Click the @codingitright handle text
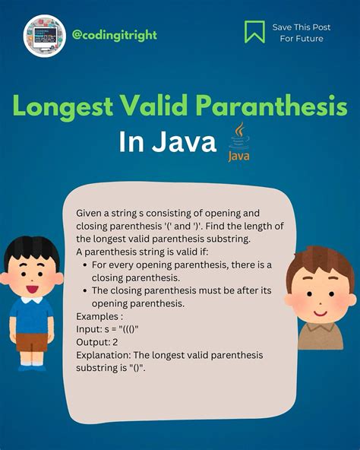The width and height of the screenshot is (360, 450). click(115, 35)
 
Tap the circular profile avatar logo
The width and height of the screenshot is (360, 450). click(45, 36)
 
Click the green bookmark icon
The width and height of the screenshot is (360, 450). click(254, 31)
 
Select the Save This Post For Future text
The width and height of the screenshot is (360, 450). click(301, 32)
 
